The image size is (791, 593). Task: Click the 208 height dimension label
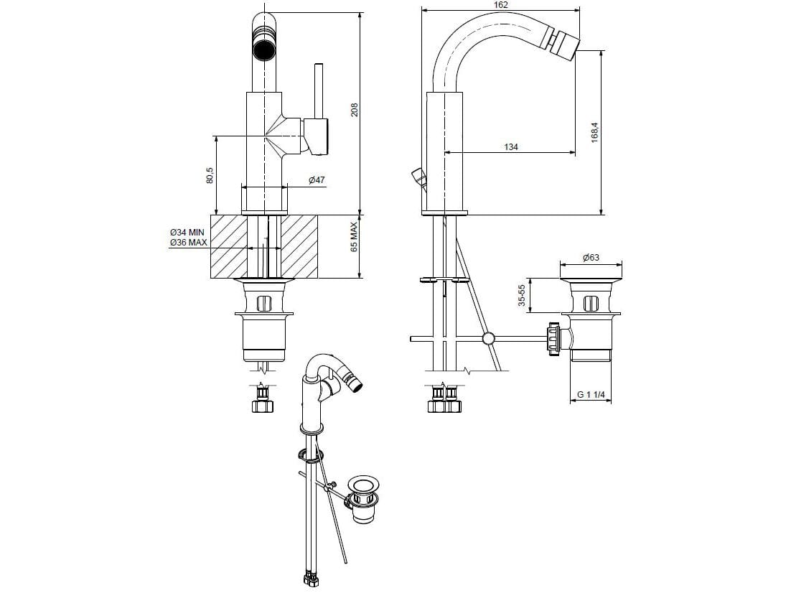point(354,110)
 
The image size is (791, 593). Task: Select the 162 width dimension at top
point(501,5)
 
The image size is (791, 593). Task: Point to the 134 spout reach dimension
point(510,146)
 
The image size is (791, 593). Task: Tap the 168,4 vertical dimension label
point(594,131)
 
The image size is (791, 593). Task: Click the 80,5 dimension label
point(210,175)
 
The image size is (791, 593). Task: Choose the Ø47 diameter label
point(317,179)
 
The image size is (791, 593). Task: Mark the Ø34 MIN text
point(187,233)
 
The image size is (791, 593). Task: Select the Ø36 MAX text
point(188,243)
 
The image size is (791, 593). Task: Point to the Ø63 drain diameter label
point(591,257)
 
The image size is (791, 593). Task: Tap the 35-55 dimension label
point(522,296)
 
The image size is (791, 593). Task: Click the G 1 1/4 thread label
point(591,395)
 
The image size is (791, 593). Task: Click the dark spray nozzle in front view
point(263,51)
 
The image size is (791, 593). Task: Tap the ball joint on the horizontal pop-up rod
point(489,338)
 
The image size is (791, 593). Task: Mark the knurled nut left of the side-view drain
point(553,338)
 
